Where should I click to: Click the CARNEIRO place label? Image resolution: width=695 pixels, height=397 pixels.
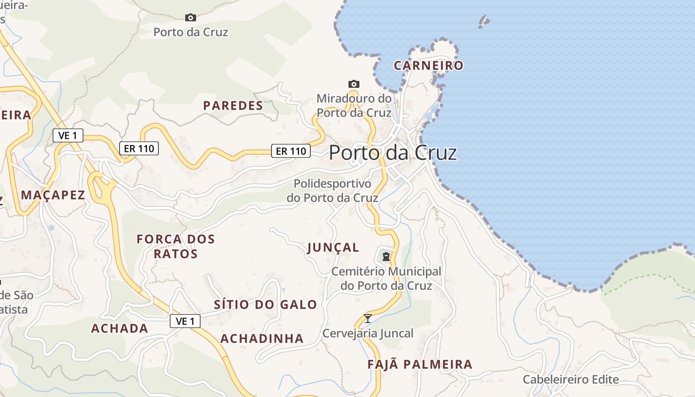[x=428, y=66]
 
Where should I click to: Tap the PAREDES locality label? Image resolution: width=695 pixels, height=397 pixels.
[x=233, y=106]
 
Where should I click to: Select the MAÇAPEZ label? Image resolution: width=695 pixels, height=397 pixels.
[x=53, y=195]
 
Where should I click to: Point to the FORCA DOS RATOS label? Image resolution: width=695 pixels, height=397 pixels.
[x=176, y=247]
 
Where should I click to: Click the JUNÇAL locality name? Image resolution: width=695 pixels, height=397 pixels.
[x=333, y=248]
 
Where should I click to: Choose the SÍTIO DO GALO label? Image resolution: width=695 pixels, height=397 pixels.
[x=265, y=305]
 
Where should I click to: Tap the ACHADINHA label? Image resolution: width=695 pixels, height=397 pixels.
[x=262, y=338]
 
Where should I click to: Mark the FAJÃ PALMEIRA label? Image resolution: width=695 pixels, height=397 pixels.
[x=420, y=365]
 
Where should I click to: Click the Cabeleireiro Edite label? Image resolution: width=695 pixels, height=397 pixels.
[x=571, y=380]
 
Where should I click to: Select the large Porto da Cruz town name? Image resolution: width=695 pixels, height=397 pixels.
[x=393, y=152]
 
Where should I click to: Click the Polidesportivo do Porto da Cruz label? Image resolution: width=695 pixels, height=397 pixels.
[x=333, y=191]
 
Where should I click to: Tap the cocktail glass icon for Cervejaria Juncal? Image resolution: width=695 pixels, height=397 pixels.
[x=368, y=319]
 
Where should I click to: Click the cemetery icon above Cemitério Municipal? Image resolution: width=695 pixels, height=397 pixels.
[x=386, y=257]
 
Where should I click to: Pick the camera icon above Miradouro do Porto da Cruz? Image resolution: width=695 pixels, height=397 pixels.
[x=353, y=84]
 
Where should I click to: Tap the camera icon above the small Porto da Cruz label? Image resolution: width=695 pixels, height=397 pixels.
[x=190, y=17]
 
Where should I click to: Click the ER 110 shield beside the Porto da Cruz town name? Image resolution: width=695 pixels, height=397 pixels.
[x=291, y=151]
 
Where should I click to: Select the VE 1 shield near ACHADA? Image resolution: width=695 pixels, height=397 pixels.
[x=185, y=322]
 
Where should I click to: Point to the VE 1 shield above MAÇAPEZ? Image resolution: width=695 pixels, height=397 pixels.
[x=68, y=135]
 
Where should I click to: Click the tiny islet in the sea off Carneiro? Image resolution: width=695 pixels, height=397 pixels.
[x=484, y=21]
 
